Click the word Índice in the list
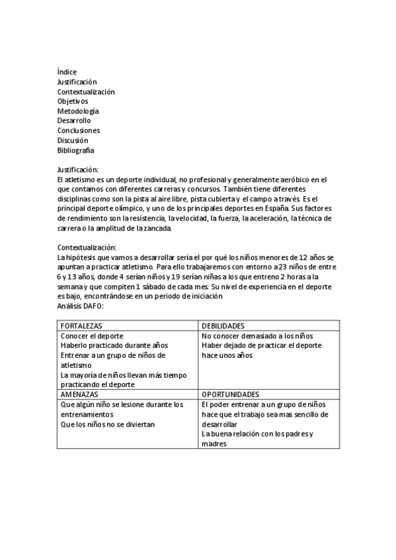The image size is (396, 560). [x=67, y=72]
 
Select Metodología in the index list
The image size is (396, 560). [x=78, y=111]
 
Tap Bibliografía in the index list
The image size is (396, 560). [x=75, y=151]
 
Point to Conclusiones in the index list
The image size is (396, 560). [x=78, y=131]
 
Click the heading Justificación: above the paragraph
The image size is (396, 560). [x=77, y=170]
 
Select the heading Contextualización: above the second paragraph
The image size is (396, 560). [x=87, y=247]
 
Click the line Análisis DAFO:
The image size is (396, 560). [x=81, y=306]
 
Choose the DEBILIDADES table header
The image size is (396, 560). [x=223, y=326]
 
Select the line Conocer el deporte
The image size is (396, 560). [x=93, y=335]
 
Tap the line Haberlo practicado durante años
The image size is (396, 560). [x=114, y=345]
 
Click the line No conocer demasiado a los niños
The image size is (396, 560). [x=253, y=335]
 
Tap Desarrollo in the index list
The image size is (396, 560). [x=74, y=121]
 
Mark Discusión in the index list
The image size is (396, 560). [x=73, y=141]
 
